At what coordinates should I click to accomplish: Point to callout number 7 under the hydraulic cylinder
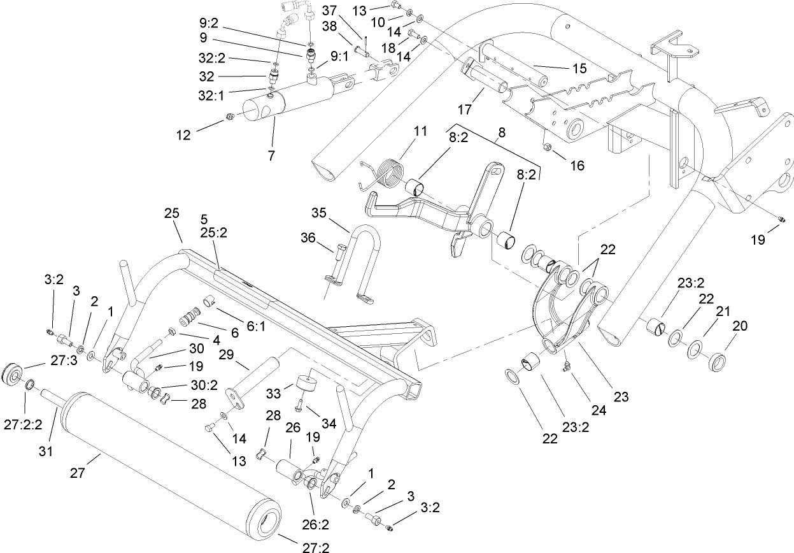click(272, 155)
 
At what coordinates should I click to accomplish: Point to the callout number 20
click(740, 326)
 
